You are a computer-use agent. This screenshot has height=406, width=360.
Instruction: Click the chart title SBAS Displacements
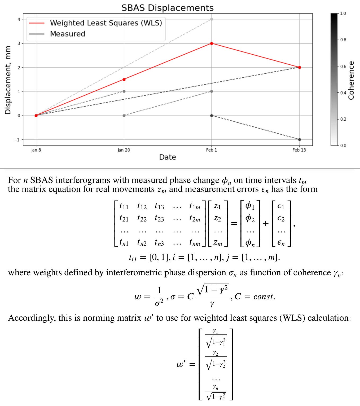point(167,8)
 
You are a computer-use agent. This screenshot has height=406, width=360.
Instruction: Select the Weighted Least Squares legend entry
point(106,23)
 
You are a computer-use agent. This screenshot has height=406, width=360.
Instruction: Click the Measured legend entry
point(67,34)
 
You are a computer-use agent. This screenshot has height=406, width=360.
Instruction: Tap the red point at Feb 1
point(212,43)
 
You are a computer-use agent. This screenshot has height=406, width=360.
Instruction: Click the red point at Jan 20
point(124,79)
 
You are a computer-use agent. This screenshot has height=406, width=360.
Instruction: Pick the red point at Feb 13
point(299,67)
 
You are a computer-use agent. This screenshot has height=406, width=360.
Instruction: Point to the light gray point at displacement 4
point(212,19)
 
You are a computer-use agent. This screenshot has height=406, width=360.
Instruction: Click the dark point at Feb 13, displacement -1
point(299,139)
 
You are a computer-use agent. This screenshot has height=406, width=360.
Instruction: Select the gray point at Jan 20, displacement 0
point(124,116)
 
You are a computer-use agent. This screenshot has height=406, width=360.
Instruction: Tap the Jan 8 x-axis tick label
point(36,150)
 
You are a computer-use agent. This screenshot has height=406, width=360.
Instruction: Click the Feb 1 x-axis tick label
point(212,150)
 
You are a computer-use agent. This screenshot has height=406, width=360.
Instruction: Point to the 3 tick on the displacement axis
point(19,43)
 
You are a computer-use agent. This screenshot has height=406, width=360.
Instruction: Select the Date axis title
point(168,157)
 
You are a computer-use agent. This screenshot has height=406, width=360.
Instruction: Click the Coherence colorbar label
point(352,80)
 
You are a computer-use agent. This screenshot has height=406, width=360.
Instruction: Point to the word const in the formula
point(264,297)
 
